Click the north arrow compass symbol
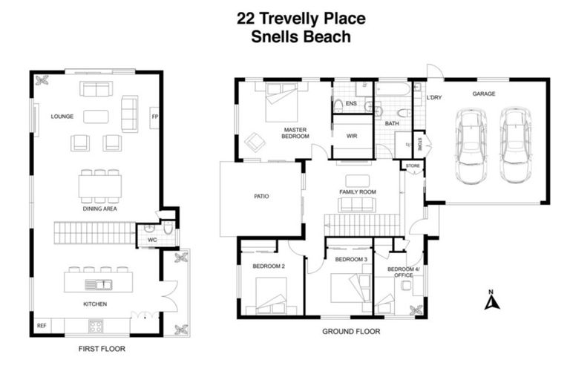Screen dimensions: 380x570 coord(489,301)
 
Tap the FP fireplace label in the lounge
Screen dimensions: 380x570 coord(154,117)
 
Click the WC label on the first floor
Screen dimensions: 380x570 coord(152,240)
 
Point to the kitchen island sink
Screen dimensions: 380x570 coord(97,284)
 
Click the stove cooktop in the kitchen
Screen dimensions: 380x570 coord(96,325)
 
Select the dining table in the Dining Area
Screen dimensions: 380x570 coord(99,186)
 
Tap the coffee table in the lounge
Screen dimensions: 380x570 coord(96,117)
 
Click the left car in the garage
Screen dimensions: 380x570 coord(471,147)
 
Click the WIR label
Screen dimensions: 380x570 coord(353,136)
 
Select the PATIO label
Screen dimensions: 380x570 coord(261,197)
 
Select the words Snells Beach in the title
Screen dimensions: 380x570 coord(301,35)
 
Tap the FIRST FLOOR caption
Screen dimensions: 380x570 coord(102,348)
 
